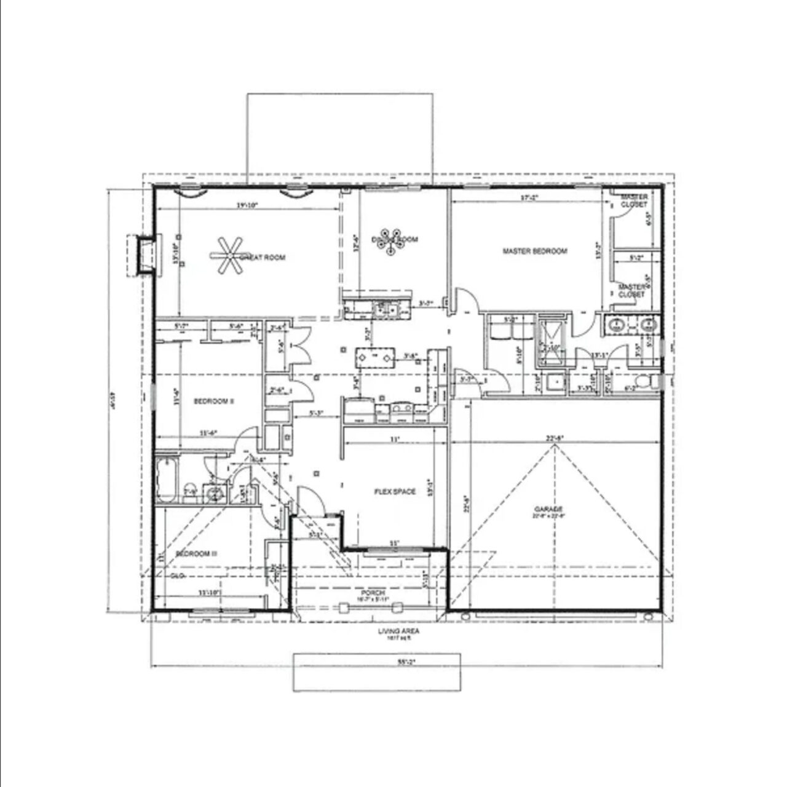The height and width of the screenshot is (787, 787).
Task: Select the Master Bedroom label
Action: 534,251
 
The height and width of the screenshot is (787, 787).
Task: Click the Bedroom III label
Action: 196,553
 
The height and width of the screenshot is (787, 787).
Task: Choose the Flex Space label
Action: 395,491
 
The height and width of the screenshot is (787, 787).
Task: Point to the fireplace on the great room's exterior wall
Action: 145,255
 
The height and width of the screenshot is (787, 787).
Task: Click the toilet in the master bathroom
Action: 644,382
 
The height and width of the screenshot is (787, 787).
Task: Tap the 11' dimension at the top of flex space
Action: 394,439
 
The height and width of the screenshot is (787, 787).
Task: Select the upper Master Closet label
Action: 633,200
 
